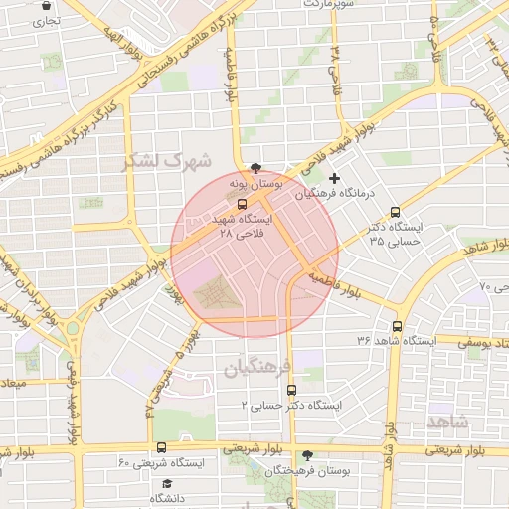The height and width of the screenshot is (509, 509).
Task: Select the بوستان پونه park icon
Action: click(256, 168)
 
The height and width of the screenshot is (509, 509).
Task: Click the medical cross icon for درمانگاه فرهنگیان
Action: click(334, 179)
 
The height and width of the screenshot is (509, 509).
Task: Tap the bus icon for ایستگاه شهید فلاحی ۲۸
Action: click(242, 205)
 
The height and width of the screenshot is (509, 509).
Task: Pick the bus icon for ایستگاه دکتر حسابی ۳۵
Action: click(395, 212)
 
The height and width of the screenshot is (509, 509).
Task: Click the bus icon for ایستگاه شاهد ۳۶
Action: click(398, 326)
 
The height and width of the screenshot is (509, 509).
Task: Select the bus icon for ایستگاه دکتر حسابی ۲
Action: click(291, 391)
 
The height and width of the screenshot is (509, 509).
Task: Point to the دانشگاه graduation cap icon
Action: click(167, 483)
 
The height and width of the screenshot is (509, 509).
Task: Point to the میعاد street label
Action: click(14, 383)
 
